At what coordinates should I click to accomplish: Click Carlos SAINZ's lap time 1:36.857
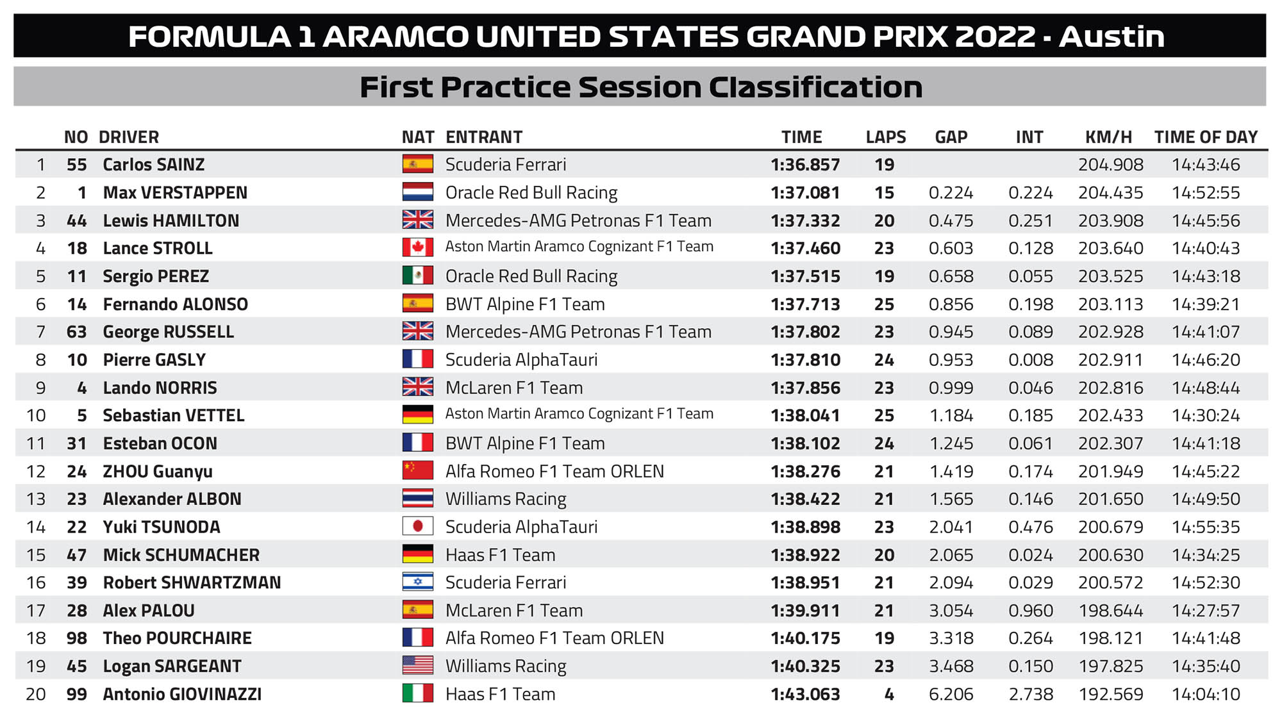805,165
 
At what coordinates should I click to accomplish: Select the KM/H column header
1108,137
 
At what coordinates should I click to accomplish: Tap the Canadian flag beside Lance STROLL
417,247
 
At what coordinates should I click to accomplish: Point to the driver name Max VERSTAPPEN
175,193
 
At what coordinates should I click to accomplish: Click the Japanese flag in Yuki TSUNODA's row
417,526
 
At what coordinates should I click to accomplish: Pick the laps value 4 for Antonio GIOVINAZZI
889,694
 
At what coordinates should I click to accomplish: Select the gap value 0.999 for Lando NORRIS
951,388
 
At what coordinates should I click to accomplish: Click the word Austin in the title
1111,37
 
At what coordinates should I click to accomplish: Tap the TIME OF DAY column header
1206,137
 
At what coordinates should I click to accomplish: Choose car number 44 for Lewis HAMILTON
76,220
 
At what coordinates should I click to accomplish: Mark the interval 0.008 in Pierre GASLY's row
1030,360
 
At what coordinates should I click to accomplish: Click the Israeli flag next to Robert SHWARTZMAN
417,582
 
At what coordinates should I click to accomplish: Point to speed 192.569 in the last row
1110,694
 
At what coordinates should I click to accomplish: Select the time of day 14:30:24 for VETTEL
1206,415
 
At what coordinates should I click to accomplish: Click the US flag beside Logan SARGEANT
417,665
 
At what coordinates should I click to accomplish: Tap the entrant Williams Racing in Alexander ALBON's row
506,499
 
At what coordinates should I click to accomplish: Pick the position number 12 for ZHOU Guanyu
36,471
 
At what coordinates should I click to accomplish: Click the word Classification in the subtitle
815,87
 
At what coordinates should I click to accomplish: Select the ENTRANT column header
484,137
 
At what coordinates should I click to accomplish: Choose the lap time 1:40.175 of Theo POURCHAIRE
805,638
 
